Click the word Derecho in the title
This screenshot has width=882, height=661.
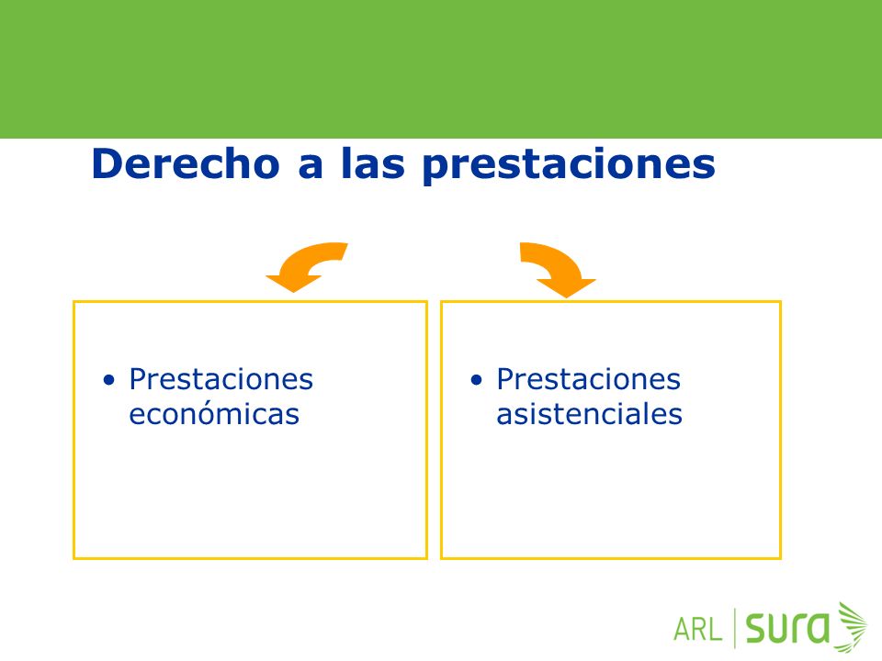[186, 163]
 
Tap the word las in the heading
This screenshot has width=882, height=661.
[372, 163]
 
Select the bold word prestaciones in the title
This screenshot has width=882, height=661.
[569, 166]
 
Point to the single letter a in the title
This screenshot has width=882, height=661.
[311, 168]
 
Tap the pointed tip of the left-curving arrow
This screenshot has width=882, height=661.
[292, 292]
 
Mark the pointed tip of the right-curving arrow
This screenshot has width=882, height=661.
[567, 297]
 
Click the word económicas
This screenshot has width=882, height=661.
[214, 415]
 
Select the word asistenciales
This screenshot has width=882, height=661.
[590, 415]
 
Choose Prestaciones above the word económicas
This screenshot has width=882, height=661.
[221, 379]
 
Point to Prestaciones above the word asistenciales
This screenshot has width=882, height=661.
[588, 379]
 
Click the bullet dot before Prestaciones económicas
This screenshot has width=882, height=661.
[109, 380]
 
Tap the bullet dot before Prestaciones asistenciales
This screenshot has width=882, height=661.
[477, 380]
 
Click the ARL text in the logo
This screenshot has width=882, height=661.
[697, 630]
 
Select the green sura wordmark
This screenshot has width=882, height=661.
[787, 628]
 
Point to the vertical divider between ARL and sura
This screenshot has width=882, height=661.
[735, 628]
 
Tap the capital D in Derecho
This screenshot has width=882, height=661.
[107, 164]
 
